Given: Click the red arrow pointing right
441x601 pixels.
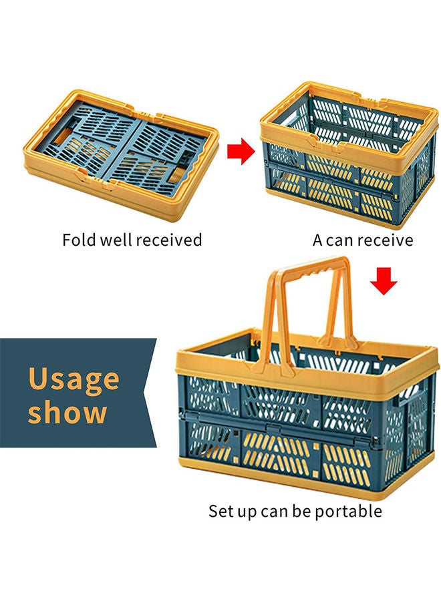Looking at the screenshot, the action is click(x=241, y=152).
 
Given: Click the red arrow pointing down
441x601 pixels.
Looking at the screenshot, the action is click(x=384, y=281).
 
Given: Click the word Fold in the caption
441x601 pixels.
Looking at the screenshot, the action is click(x=79, y=240).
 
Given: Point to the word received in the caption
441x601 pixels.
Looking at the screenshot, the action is click(x=169, y=240).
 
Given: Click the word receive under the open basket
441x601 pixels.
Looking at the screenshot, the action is click(x=386, y=240).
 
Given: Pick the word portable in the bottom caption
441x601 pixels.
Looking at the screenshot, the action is click(x=348, y=512).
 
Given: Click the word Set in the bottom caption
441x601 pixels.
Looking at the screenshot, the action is click(x=218, y=512).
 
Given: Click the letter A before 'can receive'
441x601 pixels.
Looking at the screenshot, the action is click(x=317, y=240).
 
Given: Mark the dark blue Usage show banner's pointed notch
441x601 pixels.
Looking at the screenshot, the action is click(x=142, y=392).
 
